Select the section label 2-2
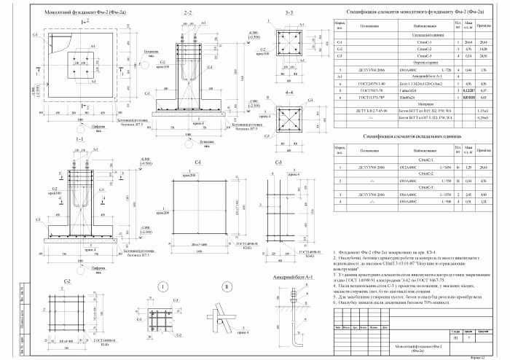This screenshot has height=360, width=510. (188, 13)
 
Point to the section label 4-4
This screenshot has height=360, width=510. (289, 93)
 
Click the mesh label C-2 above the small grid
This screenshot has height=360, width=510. (67, 281)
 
